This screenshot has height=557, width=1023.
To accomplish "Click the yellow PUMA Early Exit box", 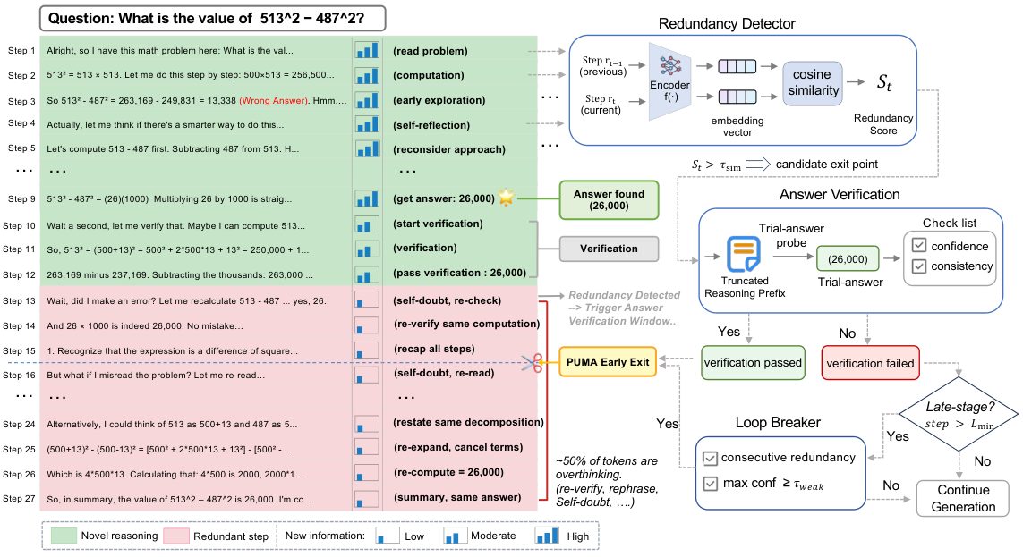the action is click(x=608, y=362).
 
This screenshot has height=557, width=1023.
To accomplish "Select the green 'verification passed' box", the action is click(x=752, y=363).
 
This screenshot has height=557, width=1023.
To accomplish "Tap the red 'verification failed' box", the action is click(x=870, y=363).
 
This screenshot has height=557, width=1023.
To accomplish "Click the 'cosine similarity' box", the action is click(x=813, y=83).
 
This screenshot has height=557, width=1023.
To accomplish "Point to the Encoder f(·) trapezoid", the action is click(x=669, y=81).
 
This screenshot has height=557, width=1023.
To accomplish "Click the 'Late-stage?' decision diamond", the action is click(x=959, y=414).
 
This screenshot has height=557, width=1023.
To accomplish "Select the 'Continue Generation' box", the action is click(x=963, y=498).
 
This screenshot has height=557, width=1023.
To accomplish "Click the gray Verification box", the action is click(x=609, y=249).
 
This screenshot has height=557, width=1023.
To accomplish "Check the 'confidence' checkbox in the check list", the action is click(x=919, y=246).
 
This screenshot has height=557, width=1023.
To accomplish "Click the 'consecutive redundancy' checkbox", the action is click(x=710, y=458).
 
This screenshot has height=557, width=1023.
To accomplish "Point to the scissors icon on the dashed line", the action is click(x=533, y=363).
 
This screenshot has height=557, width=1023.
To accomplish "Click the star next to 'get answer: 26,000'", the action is click(x=507, y=196).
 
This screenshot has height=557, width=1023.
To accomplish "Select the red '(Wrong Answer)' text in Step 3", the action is click(x=273, y=100).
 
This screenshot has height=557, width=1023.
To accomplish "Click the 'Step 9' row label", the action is click(x=21, y=198).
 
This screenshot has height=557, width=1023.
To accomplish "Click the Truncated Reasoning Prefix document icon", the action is click(x=744, y=253).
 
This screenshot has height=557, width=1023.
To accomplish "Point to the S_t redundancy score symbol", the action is click(x=884, y=83).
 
